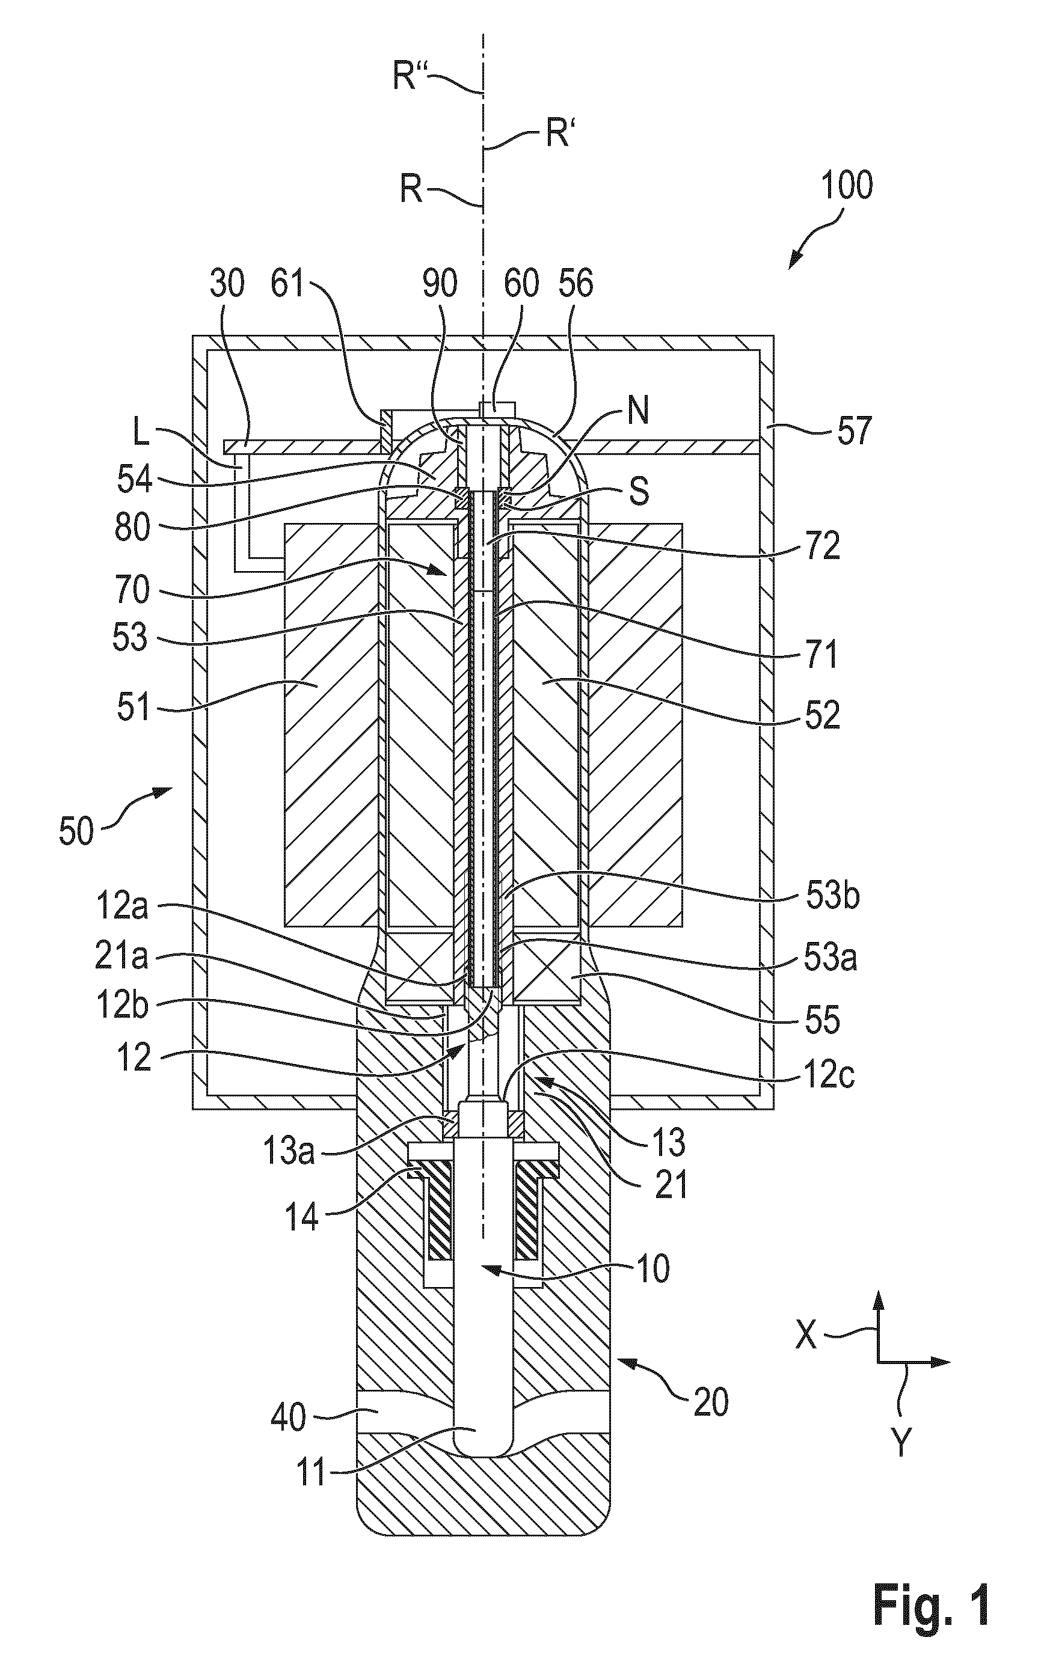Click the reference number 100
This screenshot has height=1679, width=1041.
(x=847, y=185)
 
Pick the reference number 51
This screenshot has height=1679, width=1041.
(x=132, y=707)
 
